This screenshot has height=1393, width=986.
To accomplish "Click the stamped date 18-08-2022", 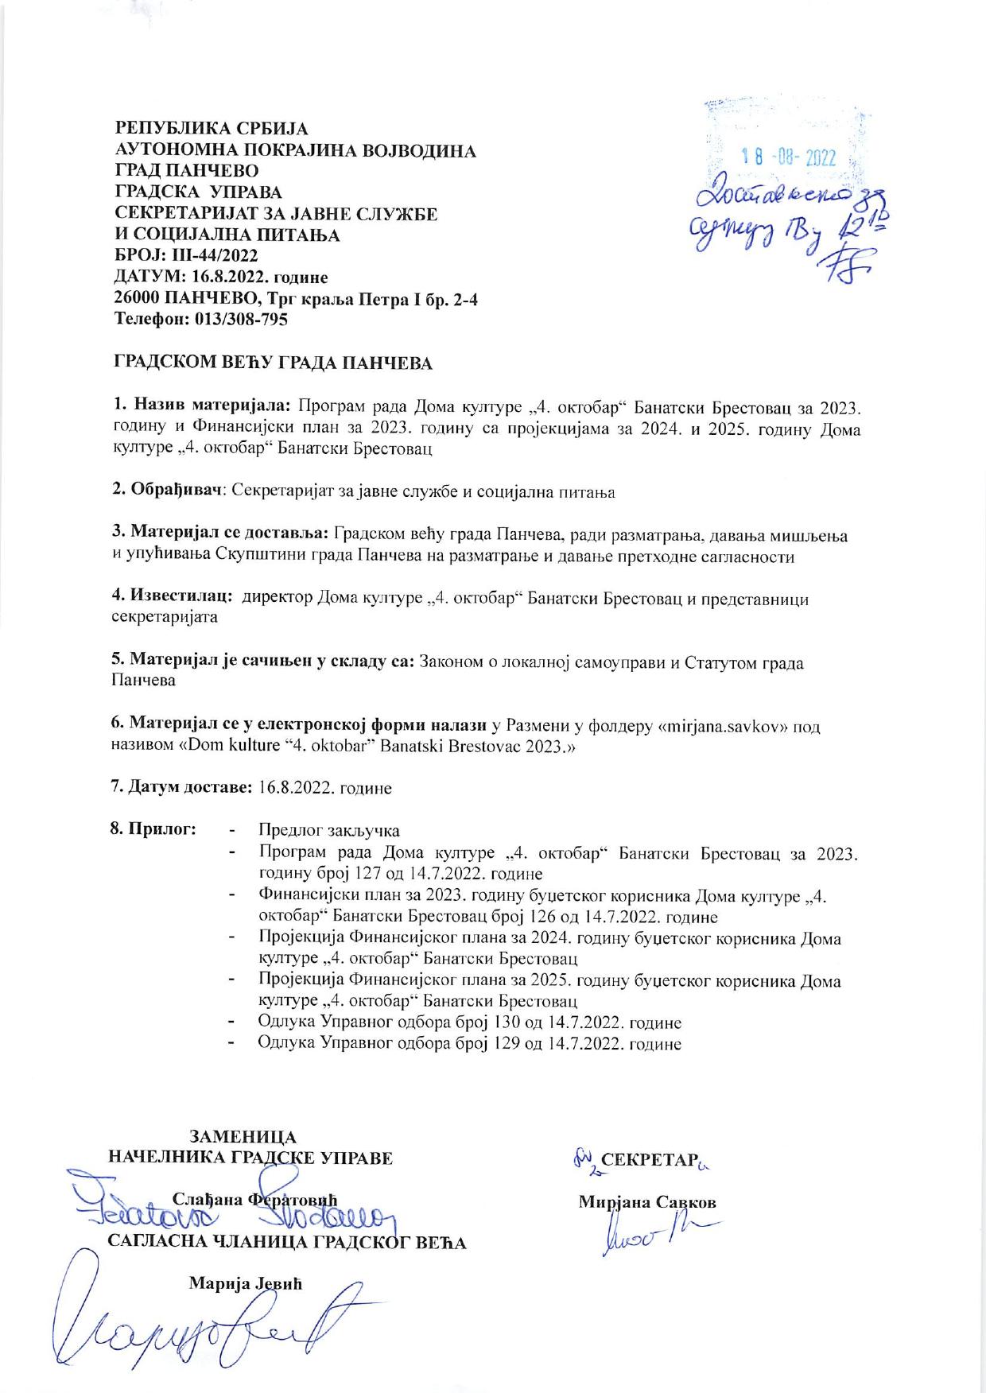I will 788,157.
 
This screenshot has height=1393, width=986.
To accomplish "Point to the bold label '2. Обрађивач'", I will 165,491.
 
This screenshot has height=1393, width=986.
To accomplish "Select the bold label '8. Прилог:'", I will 153,830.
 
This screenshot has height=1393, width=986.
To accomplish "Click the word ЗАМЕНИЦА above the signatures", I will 243,1137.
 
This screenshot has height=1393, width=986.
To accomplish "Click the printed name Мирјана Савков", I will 647,1202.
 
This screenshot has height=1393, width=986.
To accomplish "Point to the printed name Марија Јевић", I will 246,1283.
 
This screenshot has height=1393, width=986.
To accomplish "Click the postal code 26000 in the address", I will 138,299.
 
